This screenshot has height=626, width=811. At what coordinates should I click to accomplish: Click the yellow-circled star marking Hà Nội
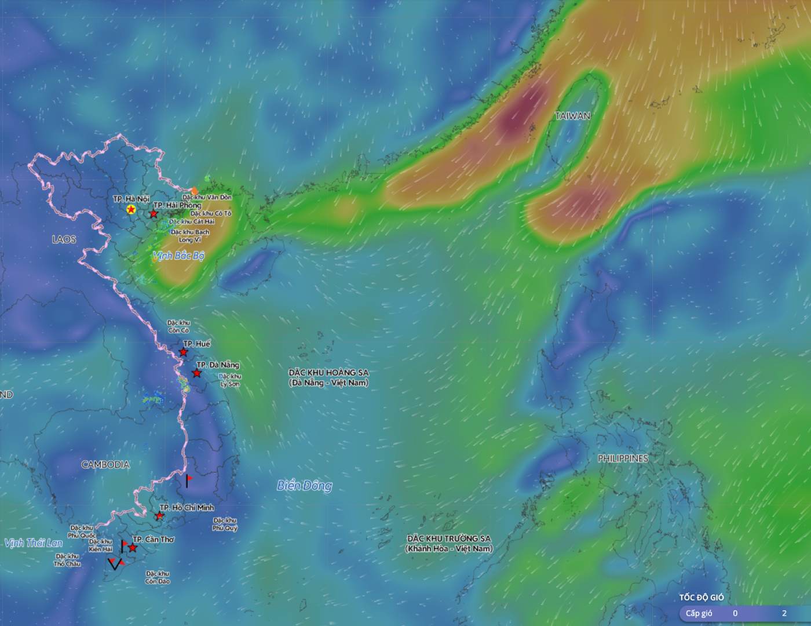(x=131, y=209)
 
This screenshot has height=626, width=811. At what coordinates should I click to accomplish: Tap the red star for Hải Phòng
(x=154, y=214)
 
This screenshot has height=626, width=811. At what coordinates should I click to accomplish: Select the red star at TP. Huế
(x=184, y=352)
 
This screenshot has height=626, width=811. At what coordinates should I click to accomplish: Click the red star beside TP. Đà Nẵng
(x=197, y=373)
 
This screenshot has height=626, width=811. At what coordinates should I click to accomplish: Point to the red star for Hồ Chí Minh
(x=159, y=515)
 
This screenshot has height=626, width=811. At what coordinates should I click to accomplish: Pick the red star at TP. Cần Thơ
(x=133, y=548)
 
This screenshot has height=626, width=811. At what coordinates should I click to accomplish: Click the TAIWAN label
(x=572, y=115)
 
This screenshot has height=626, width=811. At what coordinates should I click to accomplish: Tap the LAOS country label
(x=64, y=239)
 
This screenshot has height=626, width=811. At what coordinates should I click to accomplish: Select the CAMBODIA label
(x=105, y=464)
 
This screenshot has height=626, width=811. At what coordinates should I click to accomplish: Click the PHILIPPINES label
(x=623, y=458)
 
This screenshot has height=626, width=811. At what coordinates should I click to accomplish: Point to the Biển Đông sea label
(x=304, y=486)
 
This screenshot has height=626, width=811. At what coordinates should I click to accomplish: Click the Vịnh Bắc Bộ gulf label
(x=178, y=256)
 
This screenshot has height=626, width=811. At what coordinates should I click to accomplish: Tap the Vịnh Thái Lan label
(x=33, y=543)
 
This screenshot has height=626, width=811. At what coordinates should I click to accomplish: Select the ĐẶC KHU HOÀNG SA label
(x=328, y=373)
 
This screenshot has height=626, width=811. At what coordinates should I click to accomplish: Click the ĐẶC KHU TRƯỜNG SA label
(x=448, y=538)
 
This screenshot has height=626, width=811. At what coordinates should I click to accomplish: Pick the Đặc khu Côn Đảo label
(x=158, y=577)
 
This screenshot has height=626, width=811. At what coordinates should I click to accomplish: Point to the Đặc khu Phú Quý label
(x=225, y=525)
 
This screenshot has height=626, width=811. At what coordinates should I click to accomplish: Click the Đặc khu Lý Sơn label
(x=230, y=380)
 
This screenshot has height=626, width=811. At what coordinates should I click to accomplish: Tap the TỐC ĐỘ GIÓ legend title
(x=702, y=597)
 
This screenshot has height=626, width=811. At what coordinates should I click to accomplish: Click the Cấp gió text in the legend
(x=699, y=613)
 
